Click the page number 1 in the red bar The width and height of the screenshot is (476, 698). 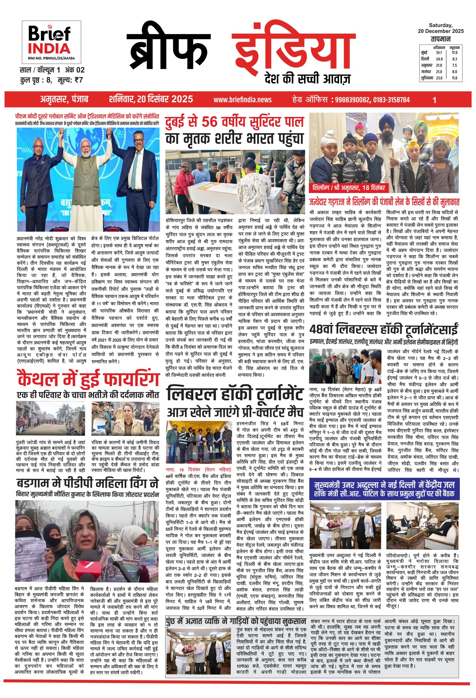434,100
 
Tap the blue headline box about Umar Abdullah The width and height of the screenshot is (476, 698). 384,489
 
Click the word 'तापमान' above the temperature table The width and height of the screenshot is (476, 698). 440,39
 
